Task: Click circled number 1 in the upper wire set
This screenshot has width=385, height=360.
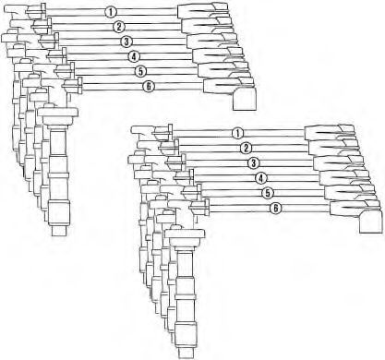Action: point(111,12)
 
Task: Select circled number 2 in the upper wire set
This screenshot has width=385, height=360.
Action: point(118,27)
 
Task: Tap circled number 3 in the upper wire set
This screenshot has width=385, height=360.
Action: point(126,42)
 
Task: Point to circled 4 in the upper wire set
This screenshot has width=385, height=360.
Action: point(134,56)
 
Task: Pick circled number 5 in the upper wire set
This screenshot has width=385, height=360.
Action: point(140,71)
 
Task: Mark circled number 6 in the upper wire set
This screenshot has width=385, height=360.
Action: point(149,87)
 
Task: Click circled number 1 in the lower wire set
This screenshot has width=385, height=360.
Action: point(237,134)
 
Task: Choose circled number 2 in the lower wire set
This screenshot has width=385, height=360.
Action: point(246,149)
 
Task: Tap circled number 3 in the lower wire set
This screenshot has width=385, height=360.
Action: point(253,163)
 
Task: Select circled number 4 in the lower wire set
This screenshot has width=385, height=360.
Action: point(261,178)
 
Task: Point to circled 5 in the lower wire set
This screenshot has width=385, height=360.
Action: point(268,193)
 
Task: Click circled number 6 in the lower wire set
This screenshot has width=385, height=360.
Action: point(276,209)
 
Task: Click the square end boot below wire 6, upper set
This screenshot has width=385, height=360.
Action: point(245,99)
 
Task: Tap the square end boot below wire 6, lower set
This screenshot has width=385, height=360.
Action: point(371,221)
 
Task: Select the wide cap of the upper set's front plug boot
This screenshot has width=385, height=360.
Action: point(58,116)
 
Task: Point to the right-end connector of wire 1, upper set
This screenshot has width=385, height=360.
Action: point(203,10)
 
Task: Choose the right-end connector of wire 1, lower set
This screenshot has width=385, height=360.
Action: point(330,132)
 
